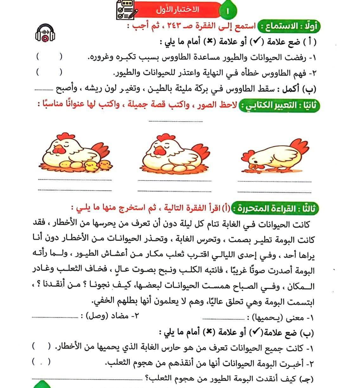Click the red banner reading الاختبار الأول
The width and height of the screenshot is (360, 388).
[177, 10]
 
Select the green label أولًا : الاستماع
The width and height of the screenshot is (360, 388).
[289, 26]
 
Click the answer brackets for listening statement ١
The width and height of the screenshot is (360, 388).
[49, 57]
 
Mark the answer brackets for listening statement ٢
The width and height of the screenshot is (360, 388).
[49, 73]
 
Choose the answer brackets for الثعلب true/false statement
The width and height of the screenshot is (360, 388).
[41, 362]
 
